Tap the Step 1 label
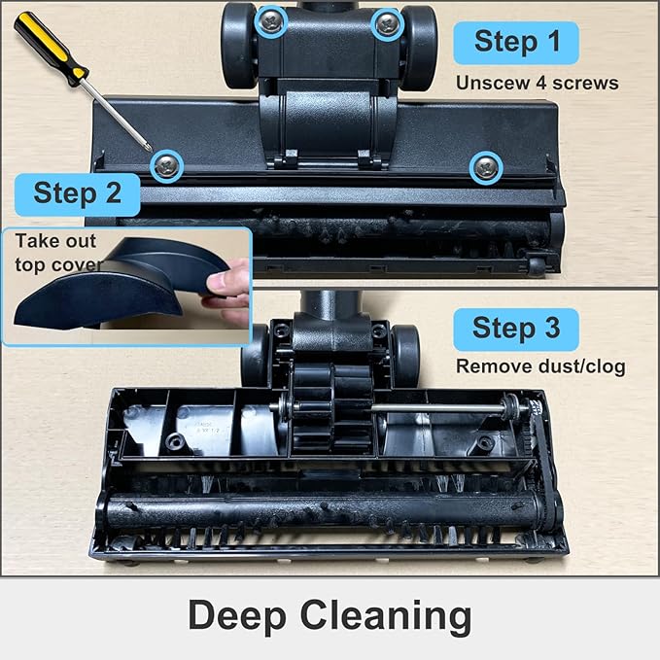[516, 42]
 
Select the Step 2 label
[77, 192]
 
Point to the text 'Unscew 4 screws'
[537, 83]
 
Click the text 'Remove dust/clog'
[541, 367]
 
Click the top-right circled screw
[388, 22]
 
